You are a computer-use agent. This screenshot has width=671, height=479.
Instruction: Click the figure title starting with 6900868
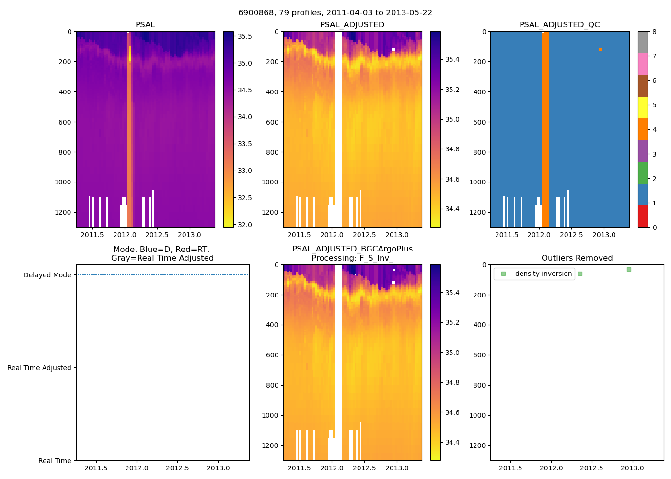(335, 13)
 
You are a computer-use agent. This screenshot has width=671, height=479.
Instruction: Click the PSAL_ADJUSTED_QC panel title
(559, 24)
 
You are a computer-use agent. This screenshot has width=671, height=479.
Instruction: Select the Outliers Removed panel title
(577, 258)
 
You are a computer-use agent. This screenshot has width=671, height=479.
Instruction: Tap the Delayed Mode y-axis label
(47, 275)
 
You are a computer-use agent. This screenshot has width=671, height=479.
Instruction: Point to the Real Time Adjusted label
(39, 368)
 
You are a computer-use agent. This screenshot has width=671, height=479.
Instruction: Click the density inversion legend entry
(543, 274)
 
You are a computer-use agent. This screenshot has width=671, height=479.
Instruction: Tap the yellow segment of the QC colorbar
(643, 107)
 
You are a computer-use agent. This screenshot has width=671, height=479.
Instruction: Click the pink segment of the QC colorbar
(643, 64)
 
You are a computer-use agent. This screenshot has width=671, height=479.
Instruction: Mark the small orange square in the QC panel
(601, 49)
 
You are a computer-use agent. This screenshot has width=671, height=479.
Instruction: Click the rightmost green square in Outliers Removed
(629, 269)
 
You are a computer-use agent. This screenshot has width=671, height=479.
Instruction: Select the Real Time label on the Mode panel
(55, 461)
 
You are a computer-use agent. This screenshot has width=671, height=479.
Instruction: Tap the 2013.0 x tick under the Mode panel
(219, 468)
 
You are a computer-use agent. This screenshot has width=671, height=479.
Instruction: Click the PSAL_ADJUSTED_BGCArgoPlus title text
(352, 249)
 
